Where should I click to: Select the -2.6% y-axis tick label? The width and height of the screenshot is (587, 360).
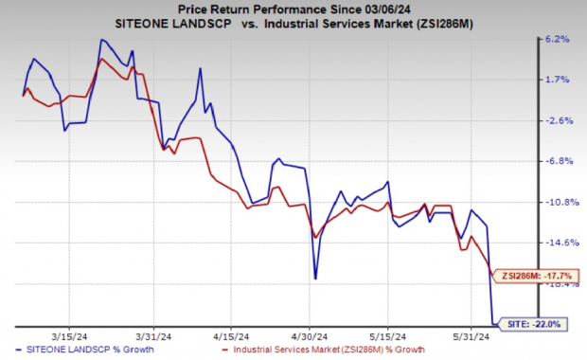click(558, 120)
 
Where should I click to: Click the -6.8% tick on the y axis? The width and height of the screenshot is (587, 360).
click(558, 161)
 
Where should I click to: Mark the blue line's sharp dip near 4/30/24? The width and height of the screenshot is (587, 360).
click(315, 278)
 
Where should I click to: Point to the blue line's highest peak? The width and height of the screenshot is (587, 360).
click(100, 40)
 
